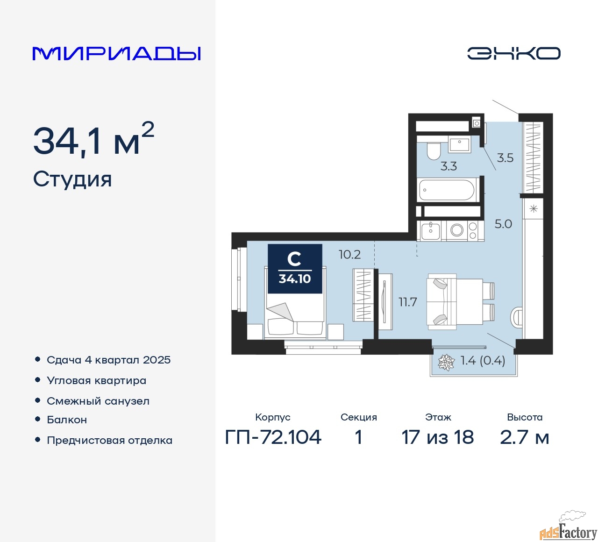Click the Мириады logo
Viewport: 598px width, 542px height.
117,53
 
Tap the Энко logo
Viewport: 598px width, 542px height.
513,53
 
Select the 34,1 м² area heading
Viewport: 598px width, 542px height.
93,140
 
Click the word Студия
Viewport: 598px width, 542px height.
72,179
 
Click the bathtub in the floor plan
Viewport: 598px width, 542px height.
447,190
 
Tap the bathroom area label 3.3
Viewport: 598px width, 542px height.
448,166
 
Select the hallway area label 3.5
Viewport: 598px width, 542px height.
505,158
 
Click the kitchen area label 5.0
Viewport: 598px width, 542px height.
503,224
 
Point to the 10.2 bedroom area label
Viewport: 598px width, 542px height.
349,255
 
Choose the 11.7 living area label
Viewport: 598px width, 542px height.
407,302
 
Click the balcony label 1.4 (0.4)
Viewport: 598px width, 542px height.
483,361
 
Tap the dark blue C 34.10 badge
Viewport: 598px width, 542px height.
295,269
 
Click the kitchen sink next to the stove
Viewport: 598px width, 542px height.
430,230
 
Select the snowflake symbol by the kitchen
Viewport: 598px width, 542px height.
534,209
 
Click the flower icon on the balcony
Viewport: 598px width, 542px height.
446,362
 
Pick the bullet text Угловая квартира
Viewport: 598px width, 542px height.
96,381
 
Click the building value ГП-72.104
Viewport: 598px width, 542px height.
273,437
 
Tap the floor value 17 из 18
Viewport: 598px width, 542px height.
438,437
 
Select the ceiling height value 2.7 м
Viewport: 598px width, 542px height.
524,437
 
